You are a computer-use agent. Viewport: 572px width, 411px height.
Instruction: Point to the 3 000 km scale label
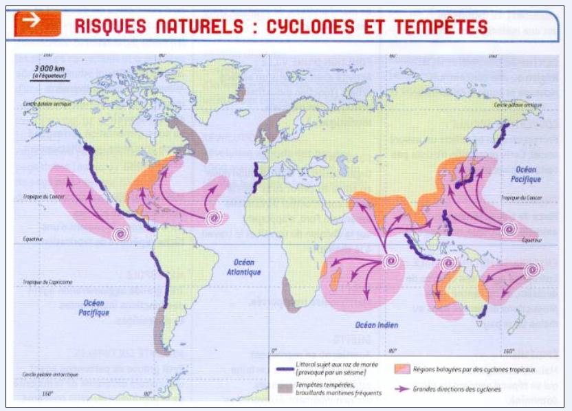[49, 69]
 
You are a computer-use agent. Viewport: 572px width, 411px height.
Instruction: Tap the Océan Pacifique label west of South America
[96, 307]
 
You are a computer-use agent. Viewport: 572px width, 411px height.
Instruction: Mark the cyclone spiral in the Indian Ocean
[392, 260]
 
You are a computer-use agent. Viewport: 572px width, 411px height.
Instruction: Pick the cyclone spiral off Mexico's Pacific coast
[122, 234]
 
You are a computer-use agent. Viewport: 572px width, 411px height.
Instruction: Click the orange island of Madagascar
[335, 280]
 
